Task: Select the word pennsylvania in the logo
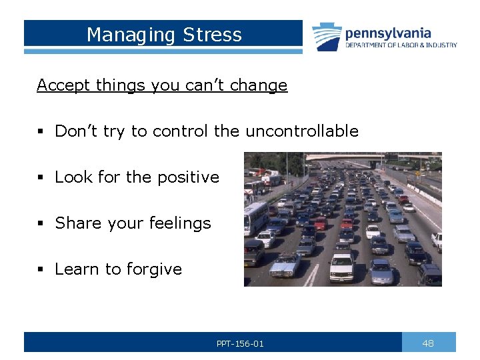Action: coord(387,33)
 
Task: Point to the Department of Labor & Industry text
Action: coord(401,45)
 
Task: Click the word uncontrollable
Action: coord(302,131)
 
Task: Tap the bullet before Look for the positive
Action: coord(41,178)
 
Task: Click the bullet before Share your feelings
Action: coord(41,224)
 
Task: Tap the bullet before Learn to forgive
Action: coord(41,270)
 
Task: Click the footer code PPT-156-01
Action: coord(240,344)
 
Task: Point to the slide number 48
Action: coord(428,343)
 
